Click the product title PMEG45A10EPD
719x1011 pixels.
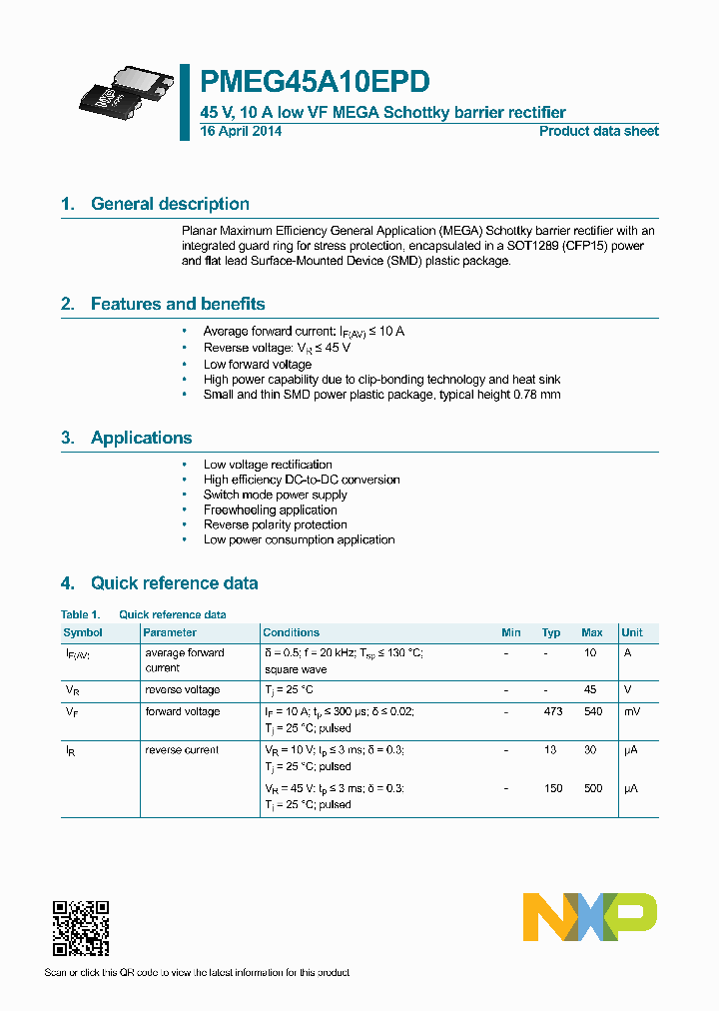pyautogui.click(x=317, y=81)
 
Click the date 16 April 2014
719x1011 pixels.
pyautogui.click(x=241, y=131)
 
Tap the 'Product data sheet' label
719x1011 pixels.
pyautogui.click(x=598, y=131)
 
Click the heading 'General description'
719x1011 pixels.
pyautogui.click(x=170, y=204)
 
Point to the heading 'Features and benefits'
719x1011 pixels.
pyautogui.click(x=178, y=304)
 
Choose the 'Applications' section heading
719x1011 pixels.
pyautogui.click(x=141, y=438)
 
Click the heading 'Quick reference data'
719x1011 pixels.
pyautogui.click(x=174, y=583)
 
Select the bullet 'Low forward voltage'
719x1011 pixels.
pyautogui.click(x=258, y=365)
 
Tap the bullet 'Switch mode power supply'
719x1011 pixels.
pyautogui.click(x=275, y=495)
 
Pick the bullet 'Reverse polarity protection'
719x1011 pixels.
pyautogui.click(x=275, y=524)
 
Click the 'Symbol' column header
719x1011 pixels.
pyautogui.click(x=83, y=632)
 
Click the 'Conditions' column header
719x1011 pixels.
pyautogui.click(x=291, y=632)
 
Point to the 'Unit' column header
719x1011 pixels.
pyautogui.click(x=632, y=632)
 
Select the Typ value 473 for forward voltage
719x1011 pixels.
pyautogui.click(x=552, y=711)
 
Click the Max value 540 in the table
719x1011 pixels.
pyautogui.click(x=592, y=711)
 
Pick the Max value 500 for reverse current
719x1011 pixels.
pyautogui.click(x=592, y=788)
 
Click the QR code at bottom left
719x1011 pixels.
pyautogui.click(x=80, y=928)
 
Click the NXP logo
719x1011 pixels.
pyautogui.click(x=590, y=917)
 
